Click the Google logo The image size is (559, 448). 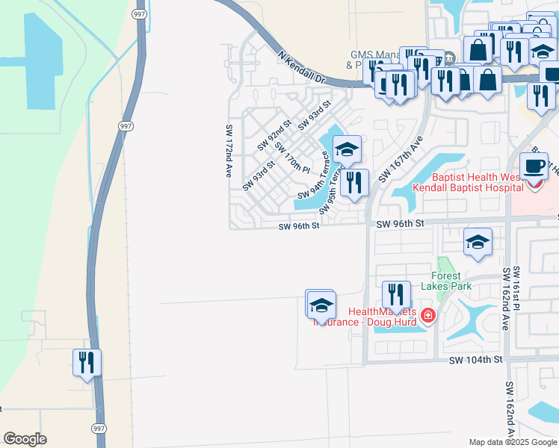pyautogui.click(x=25, y=439)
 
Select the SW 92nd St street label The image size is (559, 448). pyautogui.click(x=274, y=134)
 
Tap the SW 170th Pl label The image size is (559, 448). pyautogui.click(x=292, y=156)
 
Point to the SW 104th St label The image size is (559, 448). pyautogui.click(x=478, y=360)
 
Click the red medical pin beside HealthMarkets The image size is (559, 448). pyautogui.click(x=427, y=317)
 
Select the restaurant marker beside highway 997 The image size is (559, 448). pyautogui.click(x=87, y=363)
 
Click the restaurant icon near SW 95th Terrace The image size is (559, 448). pyautogui.click(x=354, y=182)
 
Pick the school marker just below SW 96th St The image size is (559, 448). pyautogui.click(x=478, y=243)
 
